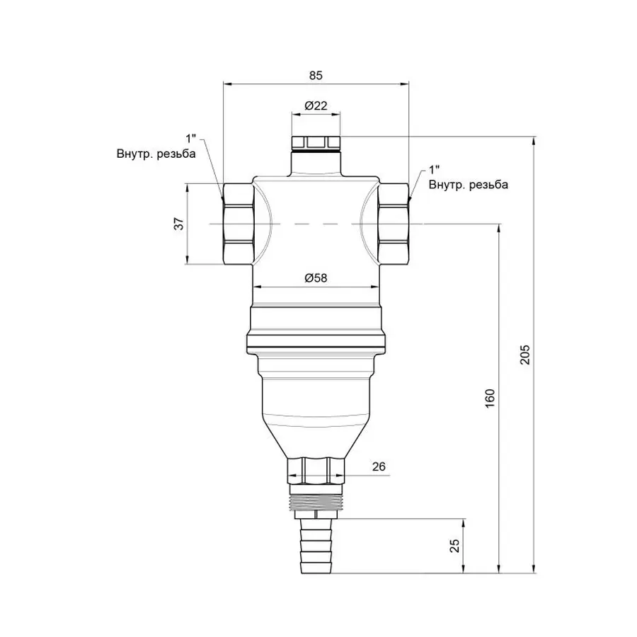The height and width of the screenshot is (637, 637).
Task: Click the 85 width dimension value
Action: click(316, 74)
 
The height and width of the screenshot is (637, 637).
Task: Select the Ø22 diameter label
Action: click(316, 105)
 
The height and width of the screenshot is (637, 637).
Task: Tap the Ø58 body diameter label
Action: click(316, 278)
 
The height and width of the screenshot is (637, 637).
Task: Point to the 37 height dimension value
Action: click(180, 224)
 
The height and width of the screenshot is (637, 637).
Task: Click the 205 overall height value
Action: click(524, 354)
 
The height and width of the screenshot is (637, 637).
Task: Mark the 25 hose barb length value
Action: click(455, 545)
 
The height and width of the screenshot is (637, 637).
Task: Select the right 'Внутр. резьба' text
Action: click(468, 185)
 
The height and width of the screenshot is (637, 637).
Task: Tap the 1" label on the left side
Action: click(190, 137)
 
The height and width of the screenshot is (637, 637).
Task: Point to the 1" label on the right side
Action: click(434, 171)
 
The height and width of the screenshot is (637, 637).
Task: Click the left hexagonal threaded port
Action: click(236, 223)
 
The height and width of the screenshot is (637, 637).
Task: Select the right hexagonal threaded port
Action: click(394, 223)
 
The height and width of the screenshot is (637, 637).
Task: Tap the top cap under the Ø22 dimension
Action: click(316, 142)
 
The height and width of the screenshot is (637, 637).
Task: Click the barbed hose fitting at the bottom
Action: click(316, 546)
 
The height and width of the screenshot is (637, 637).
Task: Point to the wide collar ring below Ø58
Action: click(316, 330)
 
